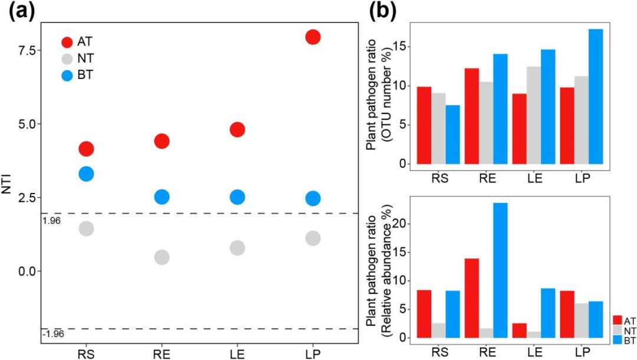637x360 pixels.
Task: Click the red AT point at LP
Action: tap(313, 37)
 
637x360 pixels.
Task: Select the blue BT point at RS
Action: tap(86, 174)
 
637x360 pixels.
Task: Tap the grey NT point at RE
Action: tap(162, 257)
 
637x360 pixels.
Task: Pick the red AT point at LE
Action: tap(237, 130)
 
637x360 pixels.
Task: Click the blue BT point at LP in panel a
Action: tap(313, 199)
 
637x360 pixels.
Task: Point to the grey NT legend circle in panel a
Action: tap(67, 58)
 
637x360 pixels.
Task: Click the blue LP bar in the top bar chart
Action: tap(595, 96)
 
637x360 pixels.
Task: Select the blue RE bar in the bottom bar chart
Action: tap(500, 270)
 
